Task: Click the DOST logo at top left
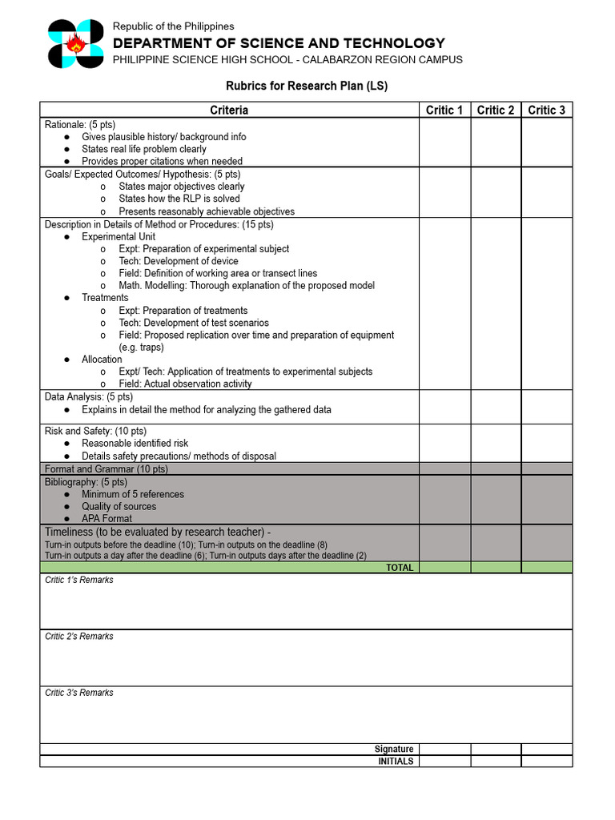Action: [75, 44]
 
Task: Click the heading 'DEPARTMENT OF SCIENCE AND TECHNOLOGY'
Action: [279, 43]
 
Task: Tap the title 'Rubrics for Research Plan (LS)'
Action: [307, 86]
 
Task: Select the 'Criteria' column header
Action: [229, 110]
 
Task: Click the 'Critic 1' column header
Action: [444, 110]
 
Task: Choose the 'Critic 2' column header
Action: [496, 110]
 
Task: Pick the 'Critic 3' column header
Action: [547, 110]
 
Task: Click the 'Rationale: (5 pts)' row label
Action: [80, 125]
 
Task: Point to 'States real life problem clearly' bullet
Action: [143, 149]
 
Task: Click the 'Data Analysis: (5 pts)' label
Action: [89, 396]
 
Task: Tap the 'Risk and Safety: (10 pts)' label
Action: [95, 431]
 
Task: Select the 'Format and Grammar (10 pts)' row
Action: [107, 468]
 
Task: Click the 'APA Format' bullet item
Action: [107, 518]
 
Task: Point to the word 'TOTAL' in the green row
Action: [400, 568]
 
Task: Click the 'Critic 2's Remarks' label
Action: [79, 637]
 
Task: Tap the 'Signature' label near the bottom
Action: [394, 750]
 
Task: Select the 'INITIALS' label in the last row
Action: [396, 762]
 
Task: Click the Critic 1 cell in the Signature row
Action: [444, 750]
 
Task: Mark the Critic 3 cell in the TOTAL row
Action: [547, 568]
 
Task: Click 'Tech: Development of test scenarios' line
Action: [194, 323]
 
